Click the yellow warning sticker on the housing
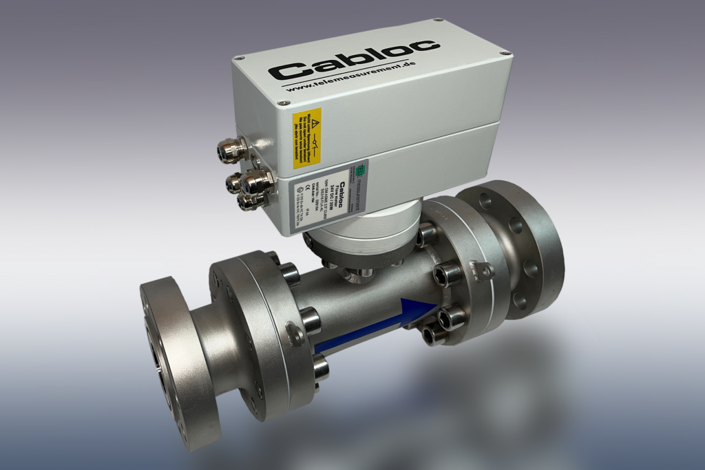click(x=307, y=138)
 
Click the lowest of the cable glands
click(x=248, y=203)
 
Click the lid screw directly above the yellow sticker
click(x=281, y=103)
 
